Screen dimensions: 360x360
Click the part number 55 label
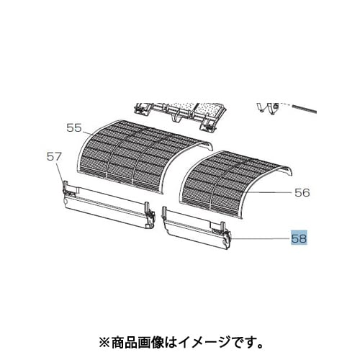click(74, 128)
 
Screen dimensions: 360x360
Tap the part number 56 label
click(302, 192)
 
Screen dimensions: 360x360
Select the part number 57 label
click(54, 157)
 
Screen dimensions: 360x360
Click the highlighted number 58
click(299, 238)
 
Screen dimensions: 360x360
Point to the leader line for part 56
click(268, 193)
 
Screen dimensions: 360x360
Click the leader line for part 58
click(259, 238)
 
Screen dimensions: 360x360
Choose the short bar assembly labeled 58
click(196, 230)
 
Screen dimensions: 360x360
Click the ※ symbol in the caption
click(105, 343)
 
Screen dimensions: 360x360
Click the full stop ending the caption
click(260, 346)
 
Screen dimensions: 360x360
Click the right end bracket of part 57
click(150, 215)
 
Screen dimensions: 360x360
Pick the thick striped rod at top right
click(300, 108)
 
